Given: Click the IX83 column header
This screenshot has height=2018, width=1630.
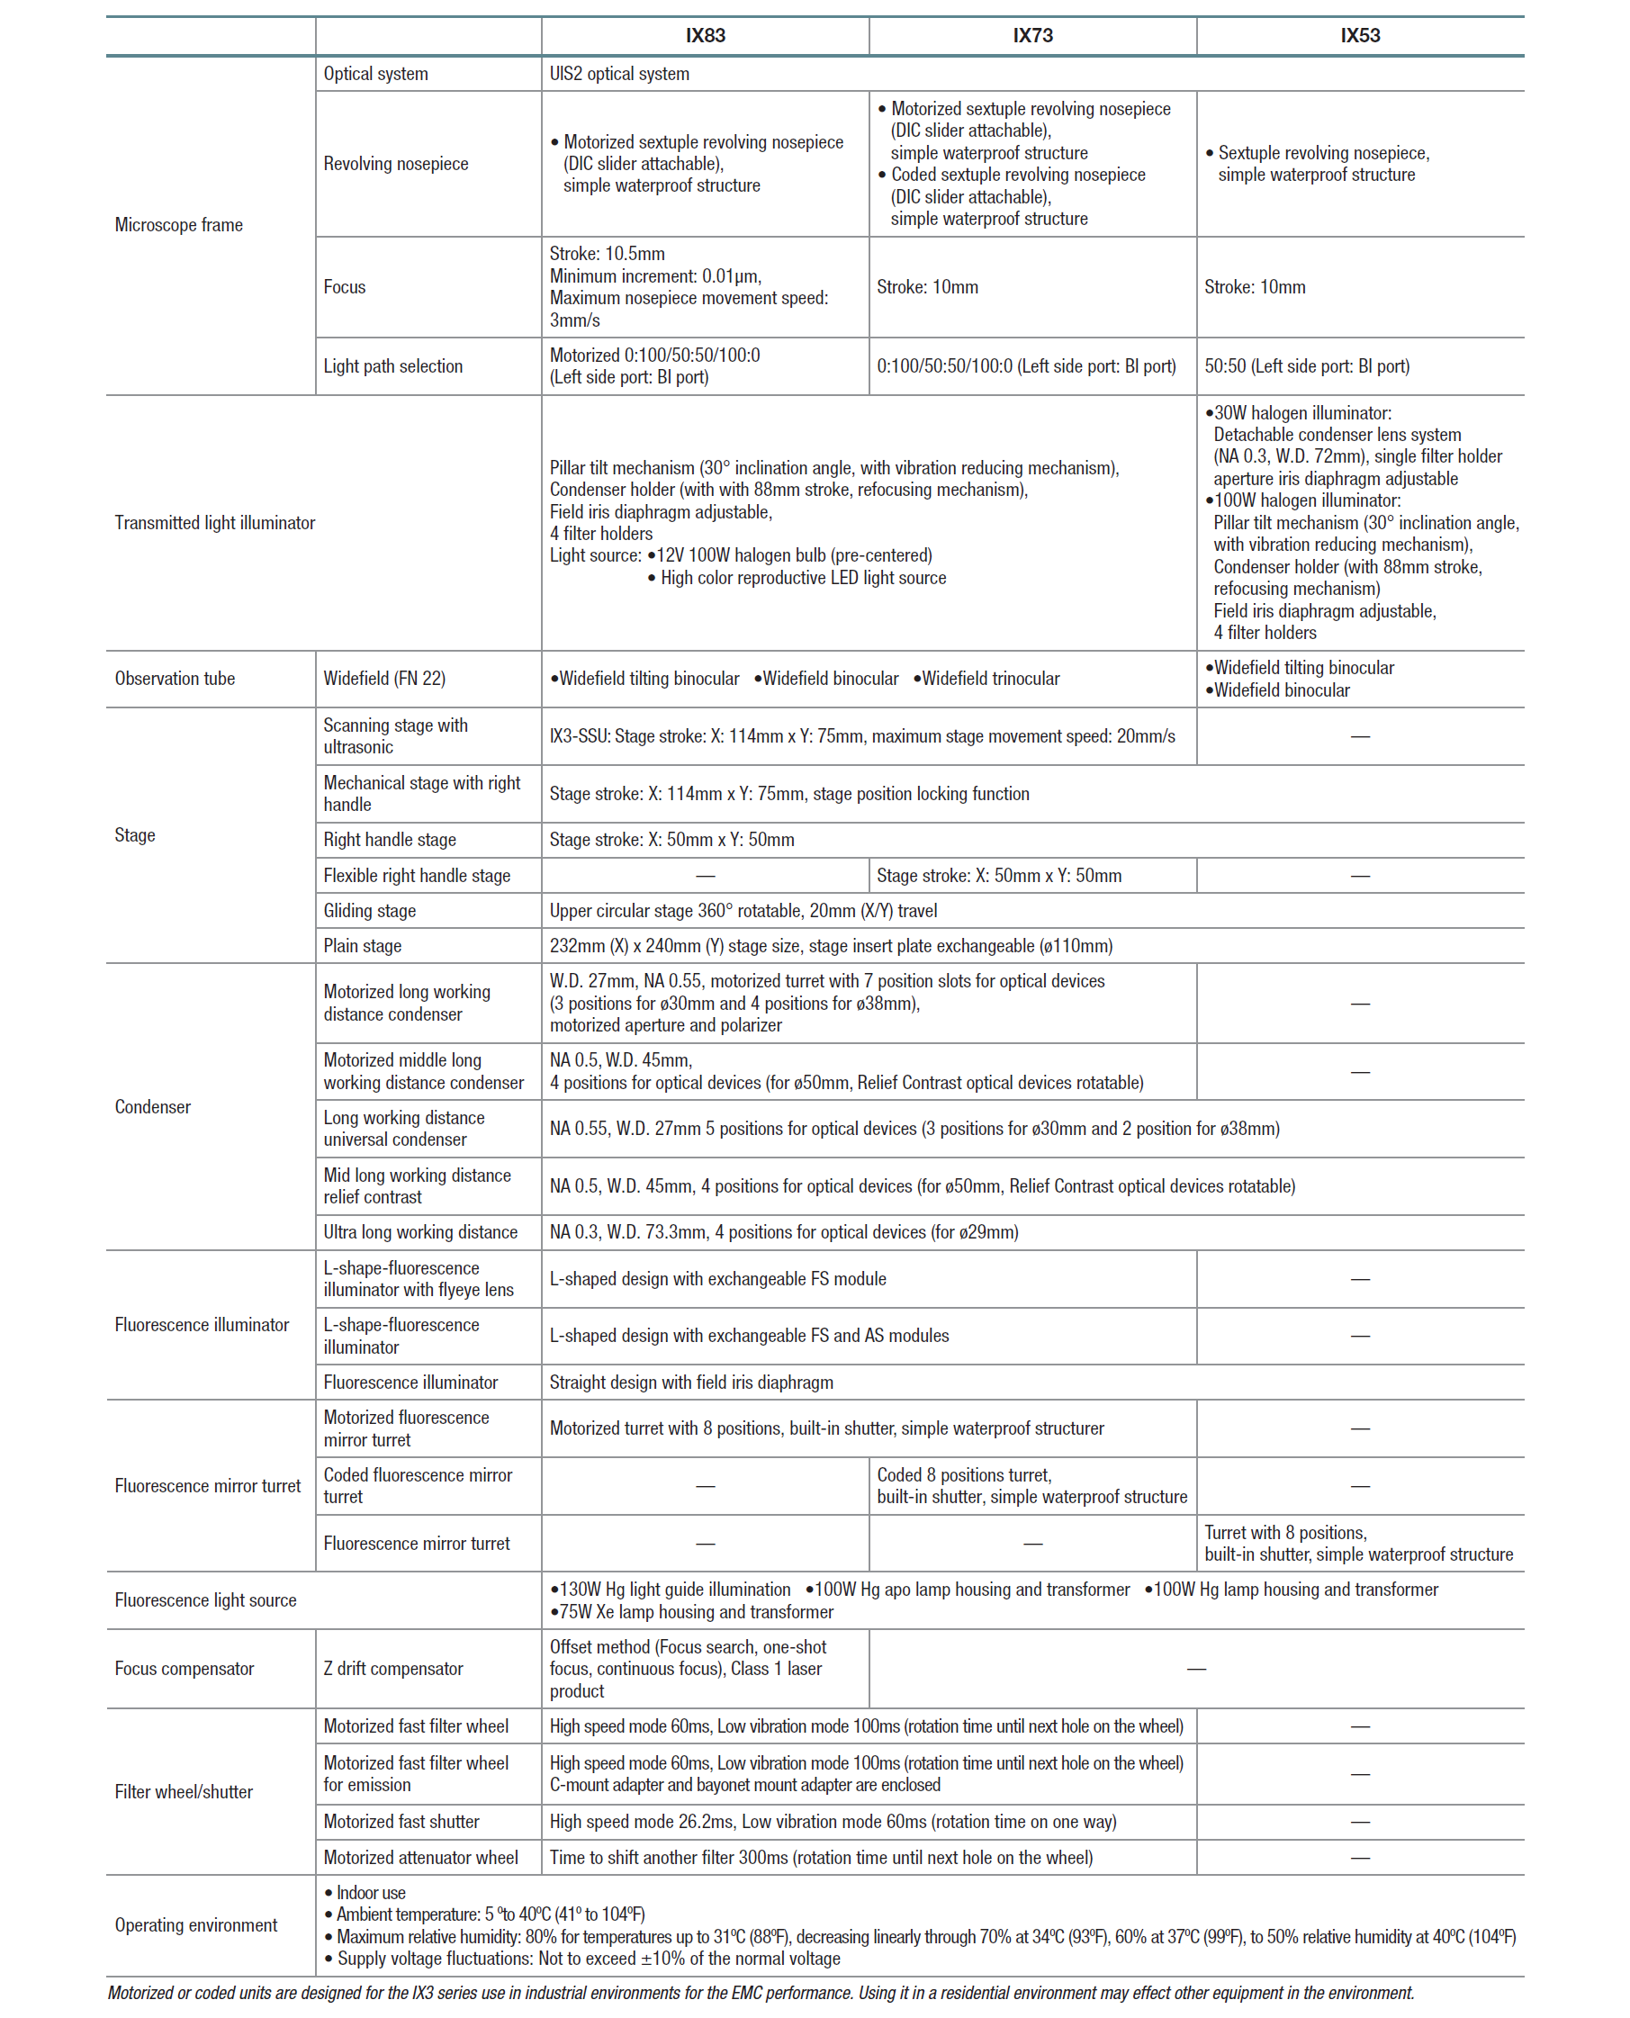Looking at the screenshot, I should pos(704,36).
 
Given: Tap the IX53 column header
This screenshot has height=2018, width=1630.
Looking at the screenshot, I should pos(1360,36).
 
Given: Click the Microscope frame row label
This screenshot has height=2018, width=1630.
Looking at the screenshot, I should pos(178,225).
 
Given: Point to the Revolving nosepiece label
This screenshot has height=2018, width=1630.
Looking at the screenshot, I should pos(395,164).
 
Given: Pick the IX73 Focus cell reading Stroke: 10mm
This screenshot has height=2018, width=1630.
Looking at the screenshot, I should pos(927,287).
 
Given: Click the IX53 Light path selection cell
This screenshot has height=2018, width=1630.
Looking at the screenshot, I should pos(1306,366).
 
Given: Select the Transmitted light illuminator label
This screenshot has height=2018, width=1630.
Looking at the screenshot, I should pos(214,523).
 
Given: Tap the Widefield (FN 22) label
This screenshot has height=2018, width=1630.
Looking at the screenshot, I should pos(384,679).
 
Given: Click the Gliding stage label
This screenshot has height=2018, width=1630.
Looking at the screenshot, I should pos(369,911).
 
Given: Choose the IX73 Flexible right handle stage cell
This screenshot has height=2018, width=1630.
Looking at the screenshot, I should pos(998,876).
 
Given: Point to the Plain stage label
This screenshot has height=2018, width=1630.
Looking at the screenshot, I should pos(363,947).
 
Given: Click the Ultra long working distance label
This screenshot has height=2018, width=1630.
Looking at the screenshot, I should pos(419,1232).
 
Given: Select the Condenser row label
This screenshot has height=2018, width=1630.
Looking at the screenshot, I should pos(152,1107).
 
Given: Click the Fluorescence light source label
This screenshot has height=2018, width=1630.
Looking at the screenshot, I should pos(204,1600).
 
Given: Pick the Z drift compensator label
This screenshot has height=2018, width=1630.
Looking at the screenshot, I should pos(392,1669).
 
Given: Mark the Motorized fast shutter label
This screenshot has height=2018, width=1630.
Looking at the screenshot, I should pos(401,1822).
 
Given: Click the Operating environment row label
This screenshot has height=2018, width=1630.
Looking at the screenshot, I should pos(195,1925).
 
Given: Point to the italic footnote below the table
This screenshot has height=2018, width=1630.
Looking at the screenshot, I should pos(760,1993).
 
